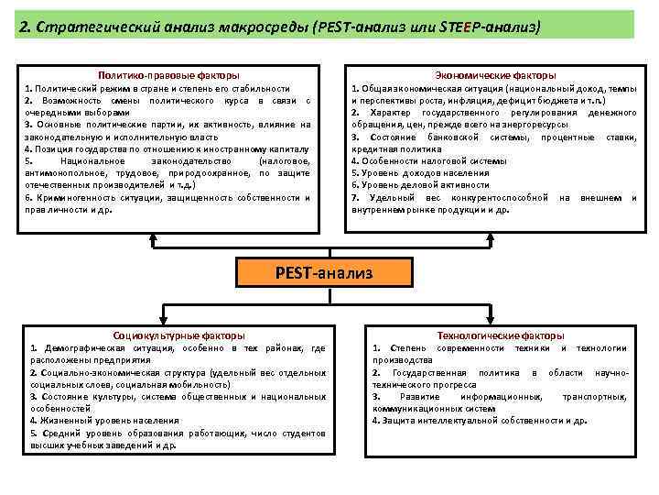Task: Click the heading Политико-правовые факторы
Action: (170, 75)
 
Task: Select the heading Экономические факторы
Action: (497, 75)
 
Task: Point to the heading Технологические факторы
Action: (501, 335)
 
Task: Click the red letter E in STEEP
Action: (465, 27)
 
